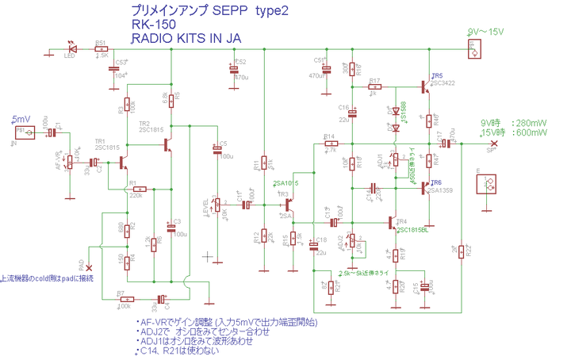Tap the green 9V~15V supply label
[x=485, y=31]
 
